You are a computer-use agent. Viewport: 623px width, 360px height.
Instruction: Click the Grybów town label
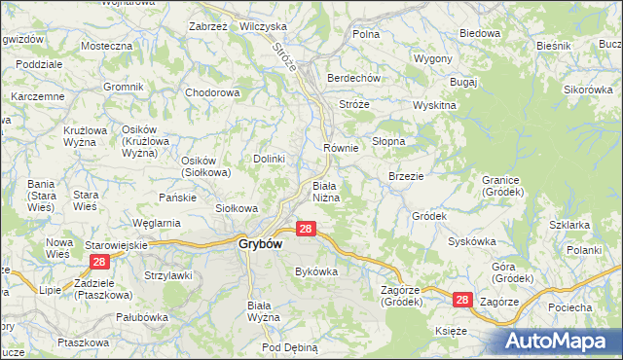tap(260, 245)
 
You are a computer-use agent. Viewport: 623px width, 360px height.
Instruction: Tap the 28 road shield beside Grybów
tap(306, 229)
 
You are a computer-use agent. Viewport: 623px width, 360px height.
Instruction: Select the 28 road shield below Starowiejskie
tap(98, 263)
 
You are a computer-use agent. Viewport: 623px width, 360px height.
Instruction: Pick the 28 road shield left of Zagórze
tap(462, 302)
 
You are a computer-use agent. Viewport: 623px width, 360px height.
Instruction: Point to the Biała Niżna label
tap(325, 191)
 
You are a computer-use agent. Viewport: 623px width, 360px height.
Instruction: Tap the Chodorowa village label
tap(212, 93)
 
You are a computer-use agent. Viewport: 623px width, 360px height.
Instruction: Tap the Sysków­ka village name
tap(473, 240)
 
